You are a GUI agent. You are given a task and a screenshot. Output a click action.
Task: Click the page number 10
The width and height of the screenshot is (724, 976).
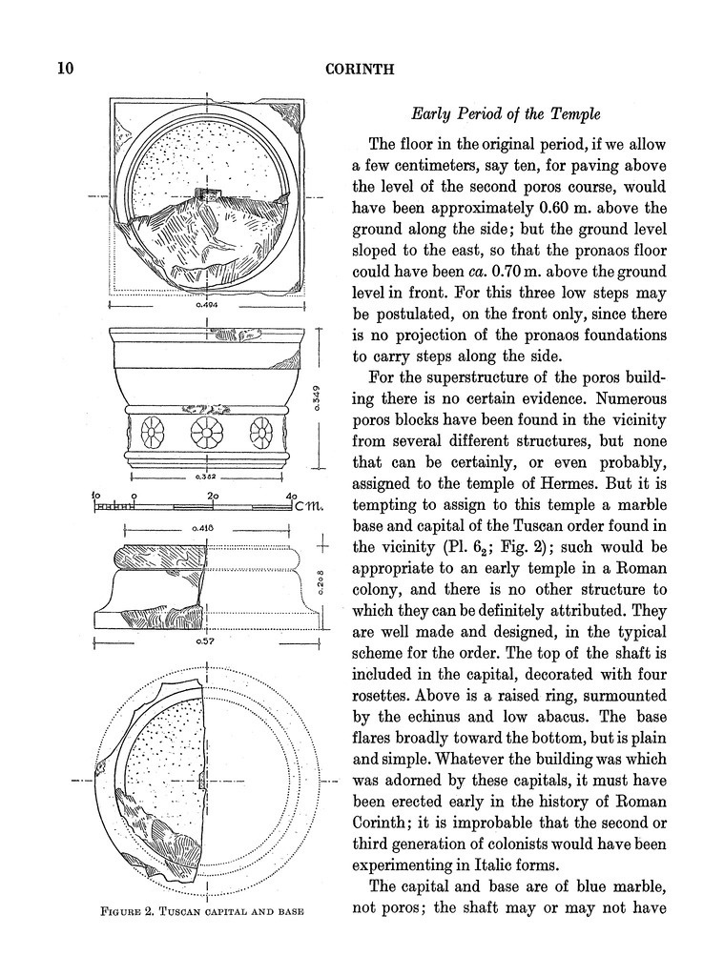pos(65,69)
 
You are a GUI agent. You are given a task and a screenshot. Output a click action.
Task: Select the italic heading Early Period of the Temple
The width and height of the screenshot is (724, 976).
pos(506,113)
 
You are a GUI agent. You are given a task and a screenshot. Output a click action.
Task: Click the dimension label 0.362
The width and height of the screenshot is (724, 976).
pos(207,475)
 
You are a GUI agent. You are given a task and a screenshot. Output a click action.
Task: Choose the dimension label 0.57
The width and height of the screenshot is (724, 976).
pos(203,642)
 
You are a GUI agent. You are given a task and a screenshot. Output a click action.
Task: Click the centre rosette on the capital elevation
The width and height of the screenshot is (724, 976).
pos(201,433)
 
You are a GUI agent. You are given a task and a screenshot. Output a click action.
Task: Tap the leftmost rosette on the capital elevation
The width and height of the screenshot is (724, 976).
pos(152,434)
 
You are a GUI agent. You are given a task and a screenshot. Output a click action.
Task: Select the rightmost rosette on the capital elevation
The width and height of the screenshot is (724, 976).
pos(259,434)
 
